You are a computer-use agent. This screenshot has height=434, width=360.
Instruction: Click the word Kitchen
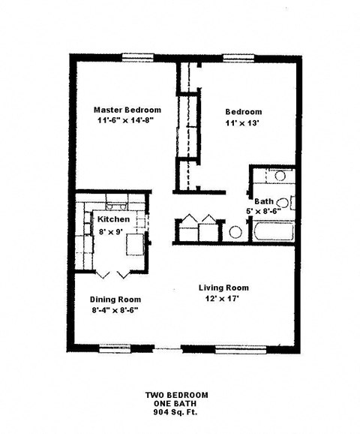114,219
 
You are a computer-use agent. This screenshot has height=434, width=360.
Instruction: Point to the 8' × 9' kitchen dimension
111,232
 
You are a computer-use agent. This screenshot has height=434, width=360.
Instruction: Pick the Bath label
264,201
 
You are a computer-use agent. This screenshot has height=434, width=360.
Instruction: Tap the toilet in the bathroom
283,201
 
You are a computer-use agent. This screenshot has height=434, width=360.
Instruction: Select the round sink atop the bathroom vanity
280,176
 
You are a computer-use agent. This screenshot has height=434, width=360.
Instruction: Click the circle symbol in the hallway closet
235,232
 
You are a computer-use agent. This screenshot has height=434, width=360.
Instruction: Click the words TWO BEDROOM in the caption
177,394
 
